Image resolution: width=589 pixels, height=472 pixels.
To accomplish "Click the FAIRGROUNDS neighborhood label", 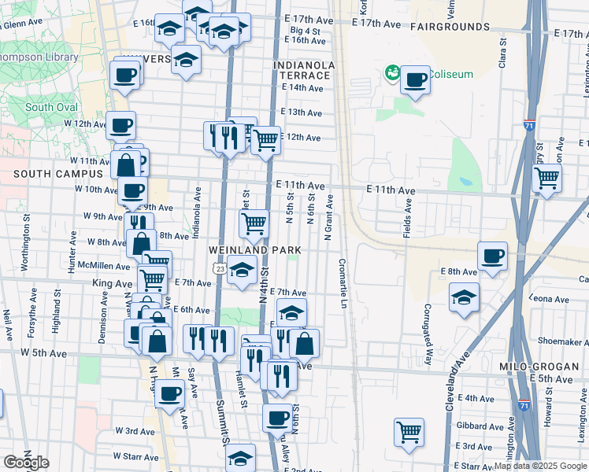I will pos(450,26).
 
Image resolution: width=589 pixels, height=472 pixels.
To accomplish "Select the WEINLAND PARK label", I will pos(256,249).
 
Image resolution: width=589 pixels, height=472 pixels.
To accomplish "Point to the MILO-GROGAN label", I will pos(534,367).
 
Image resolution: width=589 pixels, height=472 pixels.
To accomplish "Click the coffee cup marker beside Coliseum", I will pos(415,80).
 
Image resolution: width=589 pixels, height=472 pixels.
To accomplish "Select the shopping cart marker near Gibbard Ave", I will pos(409,432).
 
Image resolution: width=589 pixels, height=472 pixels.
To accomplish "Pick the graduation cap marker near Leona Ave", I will pos(465,297).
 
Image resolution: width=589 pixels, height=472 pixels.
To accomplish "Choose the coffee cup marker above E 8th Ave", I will pos(493,256).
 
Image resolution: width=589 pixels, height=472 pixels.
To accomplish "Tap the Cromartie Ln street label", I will pos(343,284).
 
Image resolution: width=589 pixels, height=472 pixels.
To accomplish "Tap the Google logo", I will pos(26,463).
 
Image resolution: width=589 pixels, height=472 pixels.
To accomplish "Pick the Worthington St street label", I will pos(26,250).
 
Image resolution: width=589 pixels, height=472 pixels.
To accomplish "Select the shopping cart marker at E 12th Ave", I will pos(266,140).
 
